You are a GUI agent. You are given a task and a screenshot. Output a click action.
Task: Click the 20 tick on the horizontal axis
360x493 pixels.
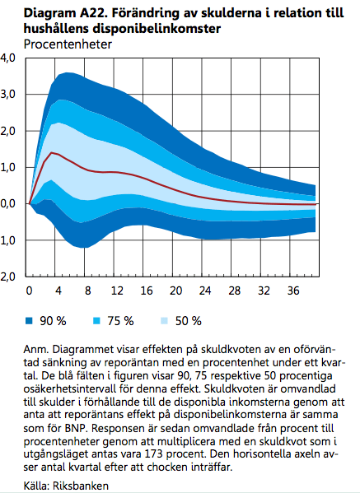click(174, 291)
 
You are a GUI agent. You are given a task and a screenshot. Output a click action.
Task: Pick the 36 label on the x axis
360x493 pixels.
click(292, 291)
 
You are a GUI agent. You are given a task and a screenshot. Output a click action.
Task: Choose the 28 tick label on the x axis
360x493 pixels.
click(233, 291)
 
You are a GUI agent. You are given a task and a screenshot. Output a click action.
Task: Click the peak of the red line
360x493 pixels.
click(53, 152)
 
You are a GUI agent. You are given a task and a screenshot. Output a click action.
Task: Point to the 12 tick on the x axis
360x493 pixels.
click(115, 291)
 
